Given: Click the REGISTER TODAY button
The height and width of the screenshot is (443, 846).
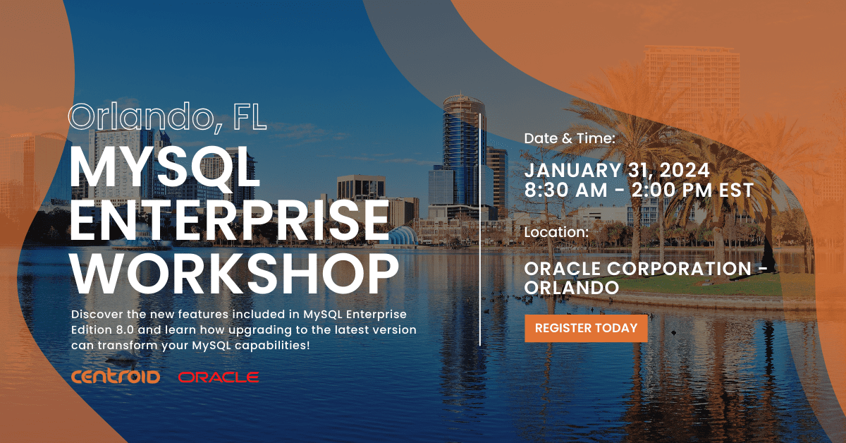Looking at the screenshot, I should point(586,328).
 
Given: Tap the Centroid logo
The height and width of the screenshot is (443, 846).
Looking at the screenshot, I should point(116,377).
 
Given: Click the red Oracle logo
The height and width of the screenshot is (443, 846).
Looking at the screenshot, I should point(219,377).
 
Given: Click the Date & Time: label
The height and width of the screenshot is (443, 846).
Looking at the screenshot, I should point(570,139).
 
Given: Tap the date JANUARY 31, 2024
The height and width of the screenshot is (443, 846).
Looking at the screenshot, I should point(617,170).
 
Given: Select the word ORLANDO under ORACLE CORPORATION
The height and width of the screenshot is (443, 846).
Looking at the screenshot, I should point(572,288).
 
